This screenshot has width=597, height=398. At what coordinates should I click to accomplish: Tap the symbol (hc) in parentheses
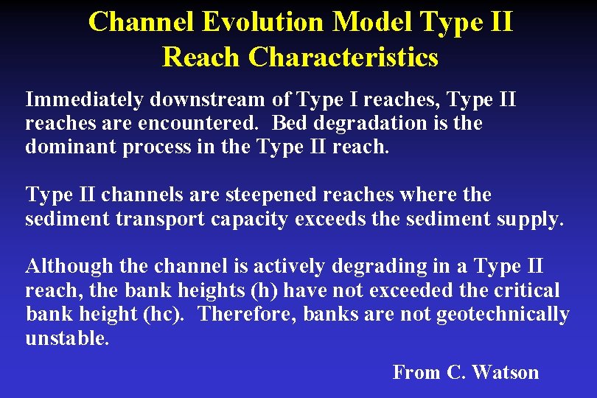click(x=167, y=314)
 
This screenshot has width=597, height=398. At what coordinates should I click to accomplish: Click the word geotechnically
click(x=503, y=314)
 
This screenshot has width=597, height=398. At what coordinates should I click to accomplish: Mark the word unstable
click(x=67, y=338)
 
